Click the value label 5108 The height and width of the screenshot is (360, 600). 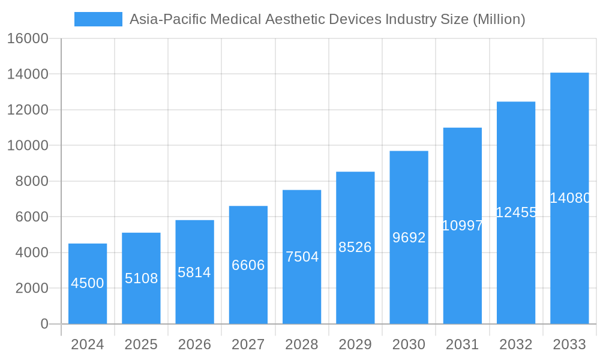click(x=141, y=278)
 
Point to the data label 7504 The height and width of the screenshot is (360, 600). click(x=302, y=257)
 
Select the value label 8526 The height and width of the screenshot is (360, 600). click(x=355, y=247)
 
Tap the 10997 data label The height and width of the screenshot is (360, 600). click(x=462, y=226)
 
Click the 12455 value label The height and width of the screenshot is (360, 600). click(x=516, y=212)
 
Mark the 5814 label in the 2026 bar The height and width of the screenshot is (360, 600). click(x=194, y=272)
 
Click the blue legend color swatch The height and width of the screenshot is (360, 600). click(x=98, y=19)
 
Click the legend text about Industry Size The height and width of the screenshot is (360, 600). click(x=327, y=19)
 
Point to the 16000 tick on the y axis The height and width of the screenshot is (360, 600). click(x=28, y=38)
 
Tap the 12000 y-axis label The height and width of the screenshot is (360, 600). click(x=28, y=110)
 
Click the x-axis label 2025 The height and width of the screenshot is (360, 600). click(x=141, y=344)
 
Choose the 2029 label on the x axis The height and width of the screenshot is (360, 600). click(x=355, y=344)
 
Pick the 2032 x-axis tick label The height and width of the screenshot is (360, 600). click(x=516, y=344)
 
